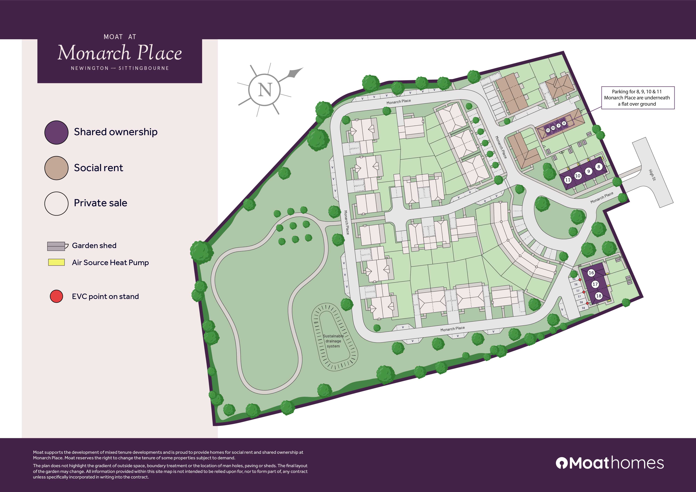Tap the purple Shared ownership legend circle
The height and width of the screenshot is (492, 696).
pyautogui.click(x=56, y=132)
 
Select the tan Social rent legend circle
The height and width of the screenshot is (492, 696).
pyautogui.click(x=56, y=168)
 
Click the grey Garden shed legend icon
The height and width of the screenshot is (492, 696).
pyautogui.click(x=57, y=246)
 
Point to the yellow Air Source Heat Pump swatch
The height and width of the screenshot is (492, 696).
pyautogui.click(x=56, y=262)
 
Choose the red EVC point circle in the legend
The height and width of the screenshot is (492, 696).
pyautogui.click(x=56, y=296)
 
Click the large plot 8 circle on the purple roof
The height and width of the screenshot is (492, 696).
pyautogui.click(x=598, y=167)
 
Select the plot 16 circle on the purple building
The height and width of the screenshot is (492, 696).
pyautogui.click(x=591, y=273)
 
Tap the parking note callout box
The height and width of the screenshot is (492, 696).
pyautogui.click(x=638, y=98)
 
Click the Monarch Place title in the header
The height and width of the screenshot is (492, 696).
pyautogui.click(x=120, y=53)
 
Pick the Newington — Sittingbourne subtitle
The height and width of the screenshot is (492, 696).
pyautogui.click(x=120, y=68)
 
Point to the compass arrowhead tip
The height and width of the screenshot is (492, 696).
pyautogui.click(x=303, y=68)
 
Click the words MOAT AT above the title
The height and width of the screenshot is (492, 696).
pyautogui.click(x=120, y=37)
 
